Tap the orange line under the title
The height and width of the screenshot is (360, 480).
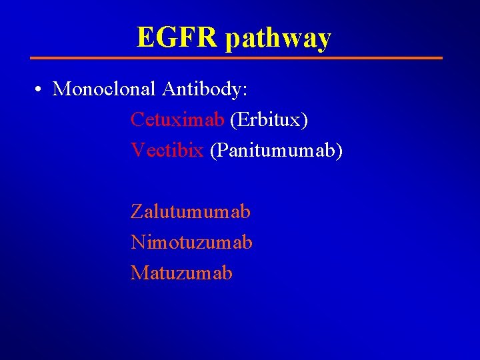pyautogui.click(x=237, y=58)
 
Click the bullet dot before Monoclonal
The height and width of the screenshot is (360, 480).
pyautogui.click(x=41, y=89)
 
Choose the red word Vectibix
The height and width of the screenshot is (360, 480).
pyautogui.click(x=167, y=150)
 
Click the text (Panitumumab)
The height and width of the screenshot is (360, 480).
pyautogui.click(x=276, y=151)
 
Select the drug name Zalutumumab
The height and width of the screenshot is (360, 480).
pyautogui.click(x=191, y=212)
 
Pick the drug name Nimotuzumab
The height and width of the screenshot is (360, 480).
pyautogui.click(x=191, y=242)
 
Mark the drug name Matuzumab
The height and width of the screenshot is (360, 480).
pyautogui.click(x=181, y=273)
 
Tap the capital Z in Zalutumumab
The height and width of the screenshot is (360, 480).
pyautogui.click(x=137, y=212)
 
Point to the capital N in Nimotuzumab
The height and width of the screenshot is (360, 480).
pyautogui.click(x=138, y=242)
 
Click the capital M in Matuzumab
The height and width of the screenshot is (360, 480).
pyautogui.click(x=139, y=273)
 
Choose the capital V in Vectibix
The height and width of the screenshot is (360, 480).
pyautogui.click(x=137, y=150)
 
